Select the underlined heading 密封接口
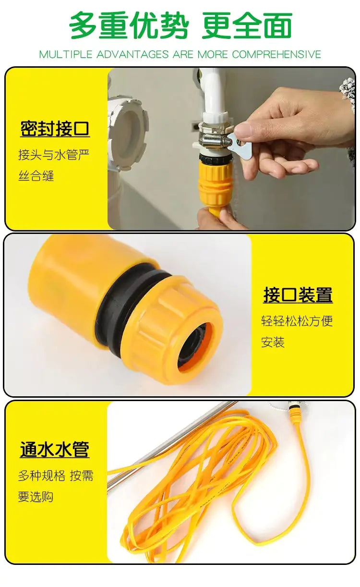(x=55, y=129)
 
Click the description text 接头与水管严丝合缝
(x=53, y=165)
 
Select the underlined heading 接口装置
(x=298, y=295)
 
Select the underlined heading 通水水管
(x=54, y=450)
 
